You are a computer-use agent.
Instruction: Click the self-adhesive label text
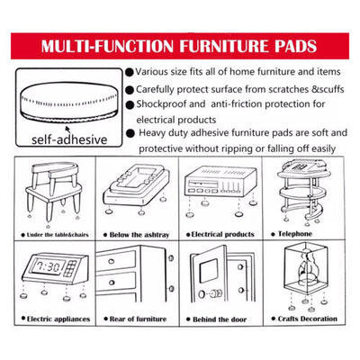pyautogui.click(x=69, y=139)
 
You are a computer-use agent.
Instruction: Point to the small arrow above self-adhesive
pyautogui.click(x=68, y=130)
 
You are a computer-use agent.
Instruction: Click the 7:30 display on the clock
pyautogui.click(x=48, y=266)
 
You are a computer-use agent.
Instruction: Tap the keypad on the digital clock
pyautogui.click(x=69, y=268)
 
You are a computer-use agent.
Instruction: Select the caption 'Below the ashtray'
pyautogui.click(x=139, y=235)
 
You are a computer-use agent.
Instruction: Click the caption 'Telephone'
pyautogui.click(x=295, y=234)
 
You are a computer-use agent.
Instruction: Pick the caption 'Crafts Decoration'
pyautogui.click(x=308, y=319)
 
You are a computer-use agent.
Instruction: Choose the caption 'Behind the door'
pyautogui.click(x=220, y=319)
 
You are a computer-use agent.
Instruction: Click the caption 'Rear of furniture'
pyautogui.click(x=138, y=319)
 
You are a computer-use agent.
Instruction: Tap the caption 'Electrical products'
pyautogui.click(x=222, y=234)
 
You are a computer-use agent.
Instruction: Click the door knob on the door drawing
pyautogui.click(x=216, y=293)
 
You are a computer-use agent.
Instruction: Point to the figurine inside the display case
pyautogui.click(x=306, y=266)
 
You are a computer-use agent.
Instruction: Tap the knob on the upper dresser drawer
pyautogui.click(x=111, y=261)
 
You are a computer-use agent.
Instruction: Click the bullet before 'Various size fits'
pyautogui.click(x=130, y=72)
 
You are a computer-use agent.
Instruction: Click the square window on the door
pyautogui.click(x=208, y=271)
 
